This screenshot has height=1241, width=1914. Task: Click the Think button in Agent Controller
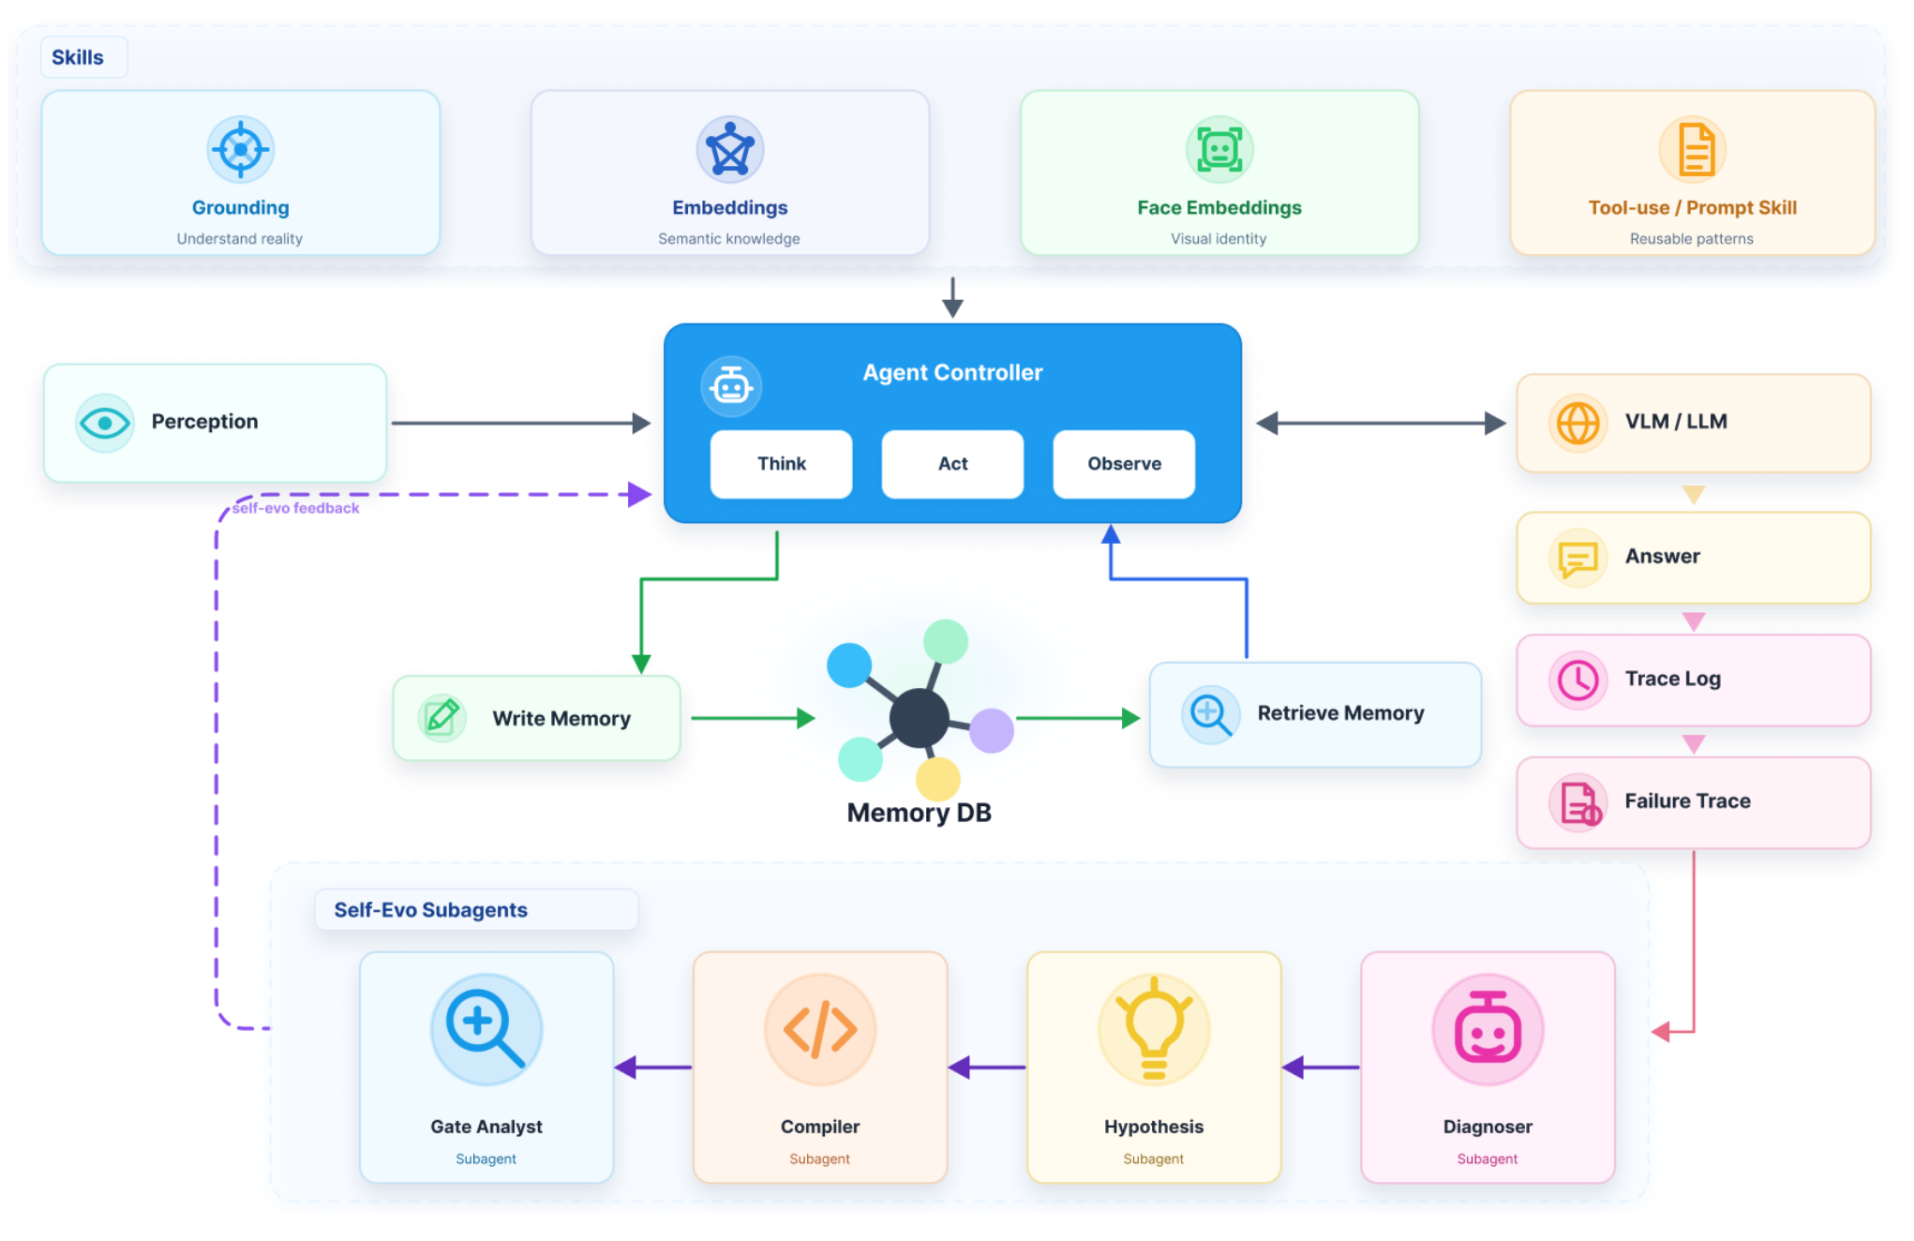[781, 464]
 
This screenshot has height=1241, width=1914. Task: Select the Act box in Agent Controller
[952, 464]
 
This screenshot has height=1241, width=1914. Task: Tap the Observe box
[1124, 464]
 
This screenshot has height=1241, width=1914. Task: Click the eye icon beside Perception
[105, 424]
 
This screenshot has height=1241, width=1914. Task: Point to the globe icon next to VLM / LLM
[1578, 424]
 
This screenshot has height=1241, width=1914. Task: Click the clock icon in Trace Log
[1578, 680]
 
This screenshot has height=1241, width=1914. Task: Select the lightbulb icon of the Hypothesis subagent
[1154, 1029]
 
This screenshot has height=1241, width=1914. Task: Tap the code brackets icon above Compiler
[820, 1029]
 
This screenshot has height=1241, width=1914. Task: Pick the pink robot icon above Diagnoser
[1488, 1029]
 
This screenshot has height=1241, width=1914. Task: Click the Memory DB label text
[919, 813]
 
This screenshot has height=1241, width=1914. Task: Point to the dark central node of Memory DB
[919, 719]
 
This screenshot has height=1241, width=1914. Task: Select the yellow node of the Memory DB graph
[937, 779]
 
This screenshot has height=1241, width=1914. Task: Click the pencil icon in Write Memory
[441, 719]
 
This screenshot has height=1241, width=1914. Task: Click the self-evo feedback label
[295, 508]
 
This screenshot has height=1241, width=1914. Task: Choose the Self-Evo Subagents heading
[430, 910]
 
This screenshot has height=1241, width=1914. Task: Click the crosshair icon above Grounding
[241, 149]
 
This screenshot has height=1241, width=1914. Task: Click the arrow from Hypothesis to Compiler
[987, 1067]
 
